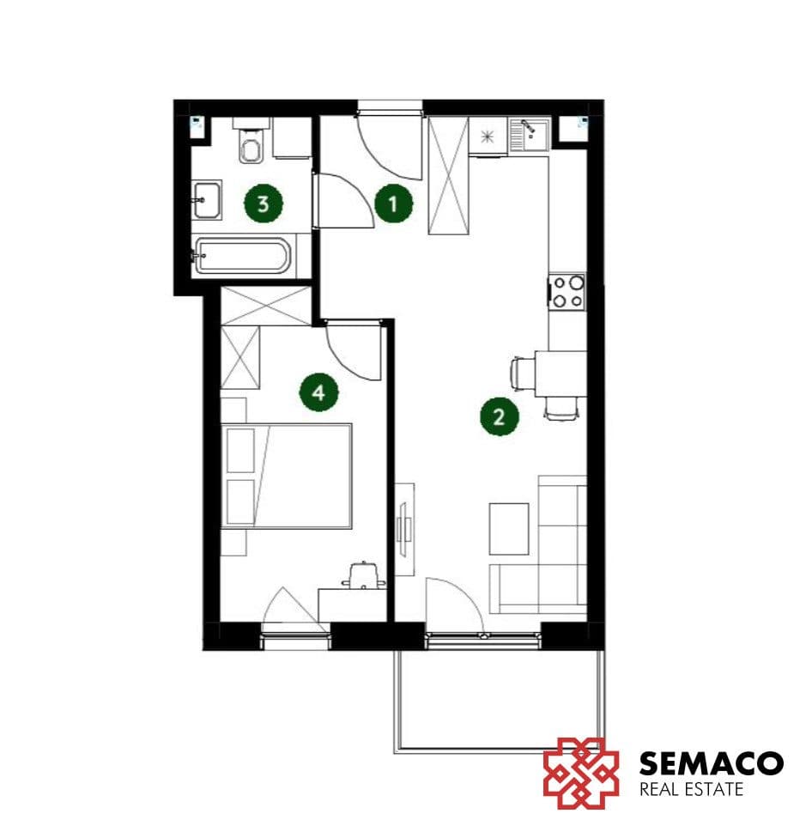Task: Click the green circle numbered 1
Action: click(393, 203)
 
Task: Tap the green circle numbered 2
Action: click(500, 416)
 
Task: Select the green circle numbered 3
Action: click(264, 203)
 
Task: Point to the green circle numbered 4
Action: click(319, 392)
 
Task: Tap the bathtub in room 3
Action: click(242, 256)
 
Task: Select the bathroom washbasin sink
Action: click(207, 200)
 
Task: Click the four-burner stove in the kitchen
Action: click(567, 291)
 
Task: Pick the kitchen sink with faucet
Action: click(528, 133)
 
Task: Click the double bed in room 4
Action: click(286, 476)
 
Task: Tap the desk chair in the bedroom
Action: click(363, 576)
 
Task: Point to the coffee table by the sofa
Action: click(509, 529)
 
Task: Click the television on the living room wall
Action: click(405, 529)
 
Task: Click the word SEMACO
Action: click(711, 762)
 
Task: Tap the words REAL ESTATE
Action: click(691, 789)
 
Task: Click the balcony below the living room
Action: click(500, 701)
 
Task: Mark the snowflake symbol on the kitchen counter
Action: click(488, 137)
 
